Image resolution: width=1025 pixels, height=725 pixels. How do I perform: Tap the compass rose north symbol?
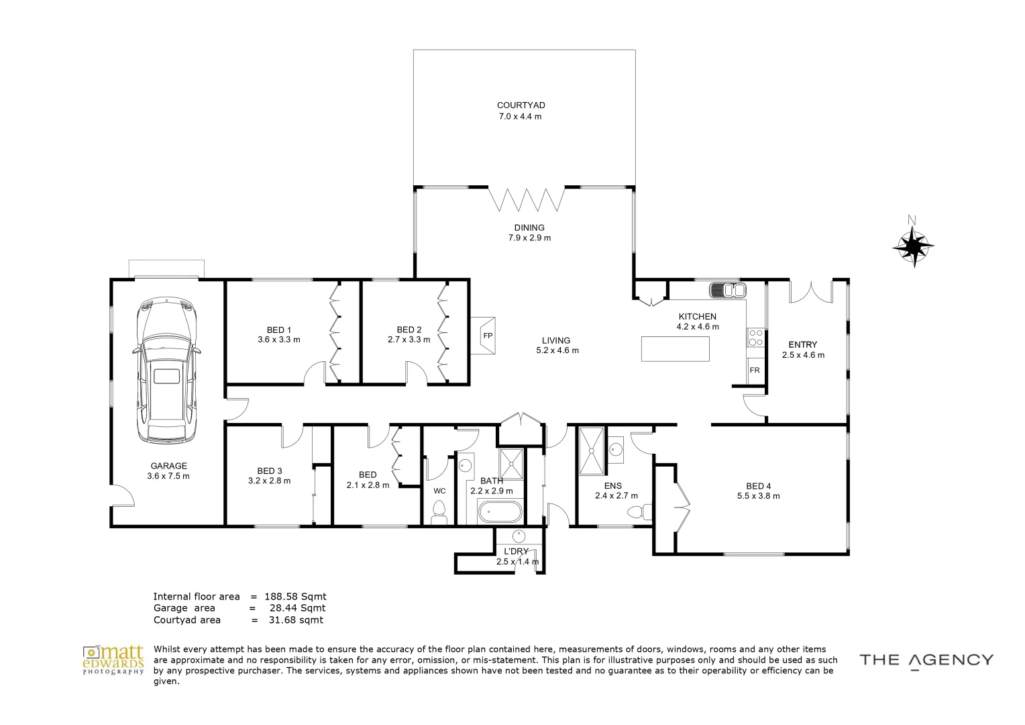pos(913,246)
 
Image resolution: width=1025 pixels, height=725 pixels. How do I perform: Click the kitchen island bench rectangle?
pos(675,349)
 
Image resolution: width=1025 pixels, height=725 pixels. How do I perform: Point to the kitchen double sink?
pos(727,291)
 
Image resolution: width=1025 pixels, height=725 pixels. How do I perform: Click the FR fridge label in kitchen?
pos(755,371)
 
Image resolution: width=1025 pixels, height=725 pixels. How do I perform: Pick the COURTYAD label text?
pos(521,105)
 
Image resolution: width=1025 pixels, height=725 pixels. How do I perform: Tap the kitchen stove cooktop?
pos(755,337)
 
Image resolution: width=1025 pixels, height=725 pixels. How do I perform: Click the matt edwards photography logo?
pos(113,660)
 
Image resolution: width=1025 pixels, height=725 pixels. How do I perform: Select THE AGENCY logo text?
pos(926,660)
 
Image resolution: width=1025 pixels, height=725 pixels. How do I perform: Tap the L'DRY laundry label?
pos(516,551)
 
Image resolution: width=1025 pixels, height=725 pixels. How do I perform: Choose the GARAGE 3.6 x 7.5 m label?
pos(168,471)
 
